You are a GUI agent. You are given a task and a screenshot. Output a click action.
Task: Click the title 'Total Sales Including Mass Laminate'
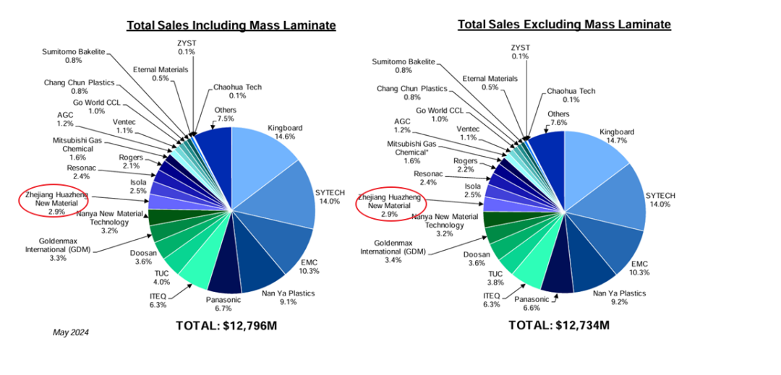[x=231, y=26]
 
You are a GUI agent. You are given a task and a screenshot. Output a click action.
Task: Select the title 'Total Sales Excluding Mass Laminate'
[x=564, y=25]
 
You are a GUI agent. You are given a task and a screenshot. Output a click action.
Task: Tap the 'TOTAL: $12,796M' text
[x=226, y=326]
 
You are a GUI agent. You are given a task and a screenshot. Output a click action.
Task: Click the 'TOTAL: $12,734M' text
[x=559, y=325]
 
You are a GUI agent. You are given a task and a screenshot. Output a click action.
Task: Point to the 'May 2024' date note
[x=71, y=332]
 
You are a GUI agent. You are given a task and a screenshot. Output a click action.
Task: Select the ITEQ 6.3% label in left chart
[x=158, y=299]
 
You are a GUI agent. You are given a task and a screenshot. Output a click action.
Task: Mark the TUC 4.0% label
[x=161, y=277]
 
